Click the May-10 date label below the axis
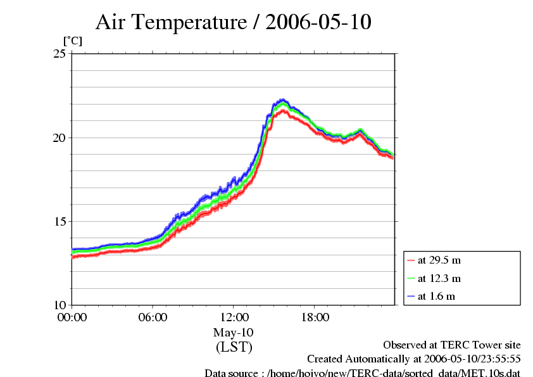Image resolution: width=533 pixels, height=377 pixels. point(234,333)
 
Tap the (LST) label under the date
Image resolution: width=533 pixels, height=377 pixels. point(234,347)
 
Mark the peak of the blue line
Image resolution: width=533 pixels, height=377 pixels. point(283,99)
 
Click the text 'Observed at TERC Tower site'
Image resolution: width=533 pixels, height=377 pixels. point(451,345)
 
